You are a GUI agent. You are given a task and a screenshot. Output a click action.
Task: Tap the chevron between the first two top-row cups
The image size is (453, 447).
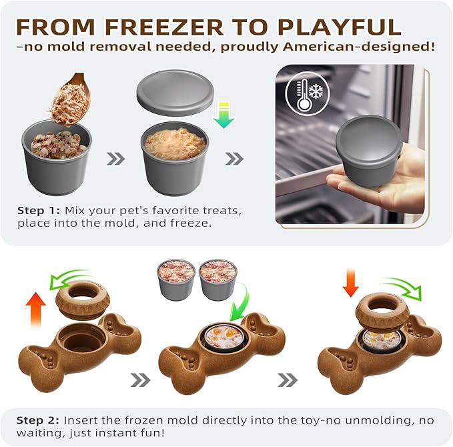115,159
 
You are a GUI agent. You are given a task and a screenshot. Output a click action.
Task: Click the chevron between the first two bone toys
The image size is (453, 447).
139,380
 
